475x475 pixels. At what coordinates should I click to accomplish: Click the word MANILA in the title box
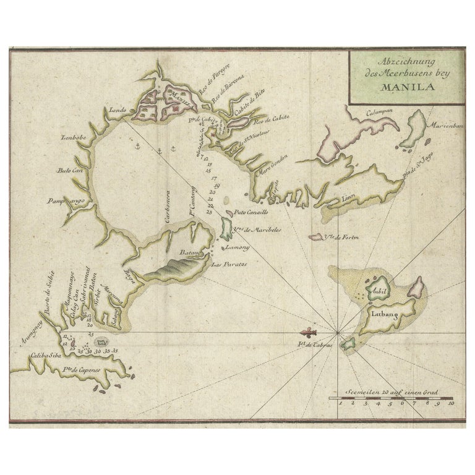pos(404,87)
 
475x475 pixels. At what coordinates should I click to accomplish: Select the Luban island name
pos(383,314)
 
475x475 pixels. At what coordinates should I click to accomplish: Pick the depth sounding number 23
pos(209,212)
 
